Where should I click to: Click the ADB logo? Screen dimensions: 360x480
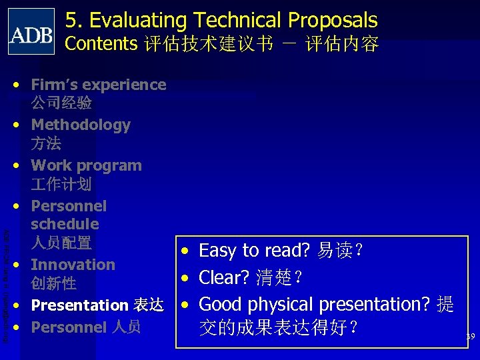point(31,31)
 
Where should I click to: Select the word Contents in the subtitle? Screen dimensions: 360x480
point(101,44)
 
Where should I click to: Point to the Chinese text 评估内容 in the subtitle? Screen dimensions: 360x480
point(342,45)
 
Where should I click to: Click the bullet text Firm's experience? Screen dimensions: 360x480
point(99,85)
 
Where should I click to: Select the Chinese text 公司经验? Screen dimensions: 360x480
point(61,103)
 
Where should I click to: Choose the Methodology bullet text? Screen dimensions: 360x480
point(81,125)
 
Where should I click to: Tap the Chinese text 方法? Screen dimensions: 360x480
point(46,143)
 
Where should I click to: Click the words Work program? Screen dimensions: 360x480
point(87,165)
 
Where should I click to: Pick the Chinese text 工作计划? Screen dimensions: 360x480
point(61,184)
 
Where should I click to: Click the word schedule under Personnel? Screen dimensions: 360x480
point(65,224)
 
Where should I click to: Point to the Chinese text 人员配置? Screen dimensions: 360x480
point(61,243)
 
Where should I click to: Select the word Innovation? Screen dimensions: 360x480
point(73,265)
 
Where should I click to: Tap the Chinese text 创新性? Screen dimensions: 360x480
point(53,283)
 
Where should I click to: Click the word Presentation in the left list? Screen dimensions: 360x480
point(79,305)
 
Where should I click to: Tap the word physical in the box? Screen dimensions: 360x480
point(284,305)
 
